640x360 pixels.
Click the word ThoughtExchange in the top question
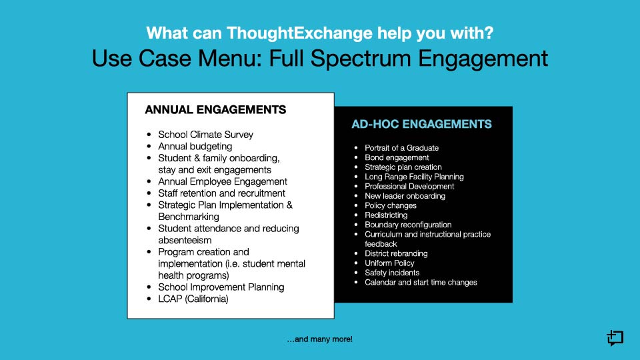[299, 33]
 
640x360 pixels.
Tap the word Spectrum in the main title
[361, 59]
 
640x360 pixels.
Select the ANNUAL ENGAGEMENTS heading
[215, 110]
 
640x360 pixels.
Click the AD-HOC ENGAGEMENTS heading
[421, 124]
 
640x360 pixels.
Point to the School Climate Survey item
[206, 135]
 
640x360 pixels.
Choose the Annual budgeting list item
[195, 147]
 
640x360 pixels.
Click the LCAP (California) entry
[193, 299]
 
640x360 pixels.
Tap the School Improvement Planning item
[221, 287]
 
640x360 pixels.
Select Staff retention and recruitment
[221, 193]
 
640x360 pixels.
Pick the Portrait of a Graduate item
[401, 148]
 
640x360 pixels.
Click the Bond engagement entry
[397, 157]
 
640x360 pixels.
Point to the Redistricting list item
[386, 215]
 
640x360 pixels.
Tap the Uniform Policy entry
[389, 263]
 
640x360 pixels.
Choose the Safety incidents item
[392, 273]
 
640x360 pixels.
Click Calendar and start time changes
[421, 283]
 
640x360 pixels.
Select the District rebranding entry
[396, 253]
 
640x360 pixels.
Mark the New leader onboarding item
[405, 196]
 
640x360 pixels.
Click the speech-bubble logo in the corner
[615, 338]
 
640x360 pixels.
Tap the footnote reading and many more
[319, 339]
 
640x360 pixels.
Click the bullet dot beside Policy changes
[356, 206]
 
